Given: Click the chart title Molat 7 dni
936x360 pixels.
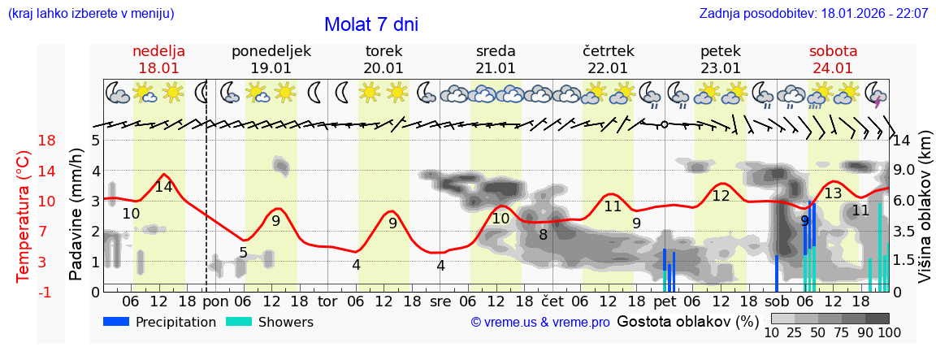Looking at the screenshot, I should pos(370,24).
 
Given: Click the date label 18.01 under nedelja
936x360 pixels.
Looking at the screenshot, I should pos(158,68).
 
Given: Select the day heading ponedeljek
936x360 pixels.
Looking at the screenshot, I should pos(271,51).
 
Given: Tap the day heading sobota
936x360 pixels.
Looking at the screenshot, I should pos(833,51).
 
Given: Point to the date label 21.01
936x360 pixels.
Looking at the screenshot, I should pos(496,68).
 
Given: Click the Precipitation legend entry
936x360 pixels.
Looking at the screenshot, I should pos(160,322).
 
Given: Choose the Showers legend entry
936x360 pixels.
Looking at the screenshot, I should pos(270,322).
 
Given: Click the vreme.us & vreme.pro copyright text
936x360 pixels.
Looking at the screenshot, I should pos(540,323).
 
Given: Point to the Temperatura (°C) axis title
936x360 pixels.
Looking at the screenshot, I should pos(24,215).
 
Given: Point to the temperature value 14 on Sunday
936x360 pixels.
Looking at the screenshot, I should pos(163,187).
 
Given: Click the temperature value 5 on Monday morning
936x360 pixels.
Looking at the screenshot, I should pos(243,253).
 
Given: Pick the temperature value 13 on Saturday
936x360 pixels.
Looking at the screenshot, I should pos(833,193).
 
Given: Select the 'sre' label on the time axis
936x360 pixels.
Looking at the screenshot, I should pos(440,301).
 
